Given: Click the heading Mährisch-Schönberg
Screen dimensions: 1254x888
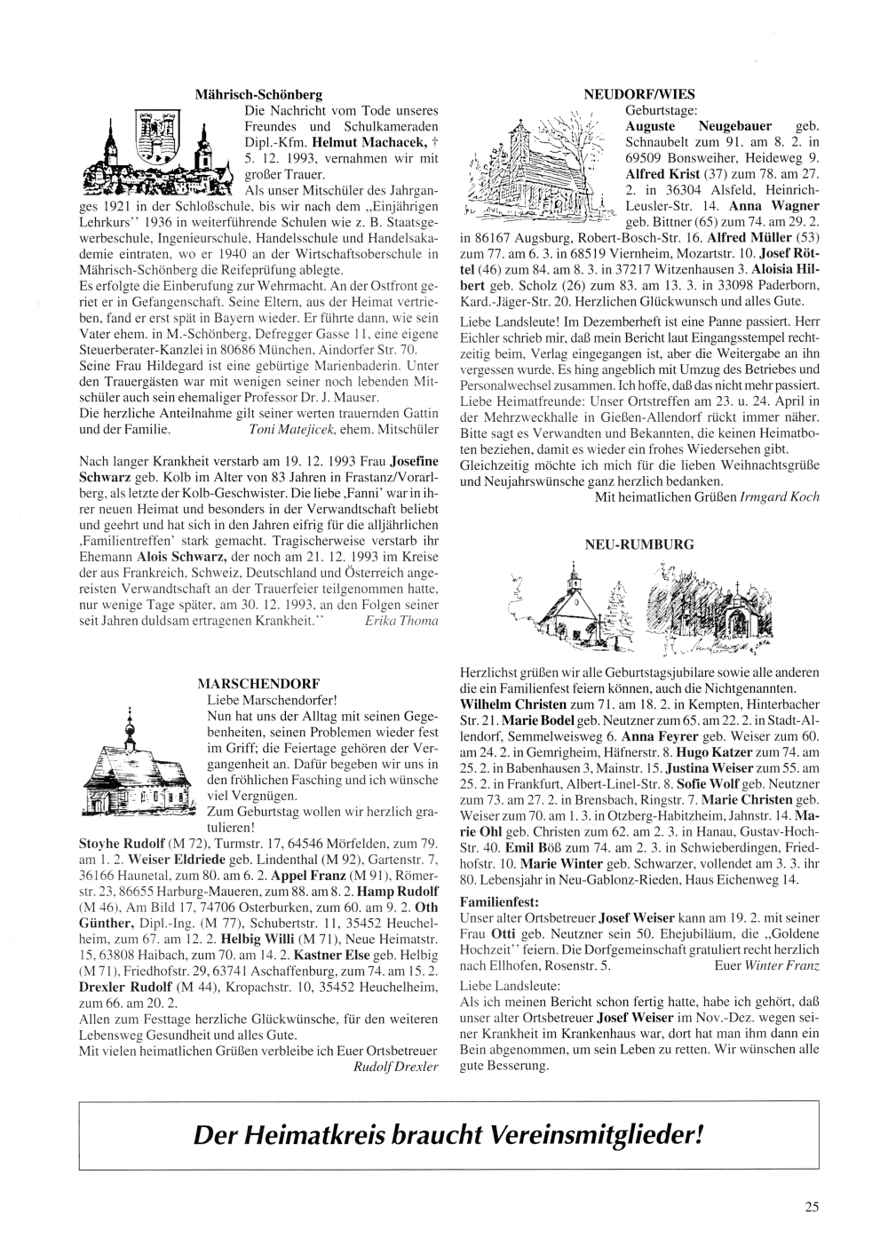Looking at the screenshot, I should pyautogui.click(x=258, y=93).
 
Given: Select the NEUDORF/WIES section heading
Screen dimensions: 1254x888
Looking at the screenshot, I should pyautogui.click(x=639, y=93).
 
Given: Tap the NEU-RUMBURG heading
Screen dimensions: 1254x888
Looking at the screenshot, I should pyautogui.click(x=638, y=544).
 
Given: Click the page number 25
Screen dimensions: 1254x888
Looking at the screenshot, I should pyautogui.click(x=812, y=1206).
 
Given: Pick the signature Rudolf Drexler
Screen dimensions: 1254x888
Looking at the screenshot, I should pyautogui.click(x=396, y=1067).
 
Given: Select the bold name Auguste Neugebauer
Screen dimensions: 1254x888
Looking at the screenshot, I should pyautogui.click(x=698, y=126).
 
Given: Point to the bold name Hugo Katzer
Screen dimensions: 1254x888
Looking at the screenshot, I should pyautogui.click(x=681, y=751).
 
